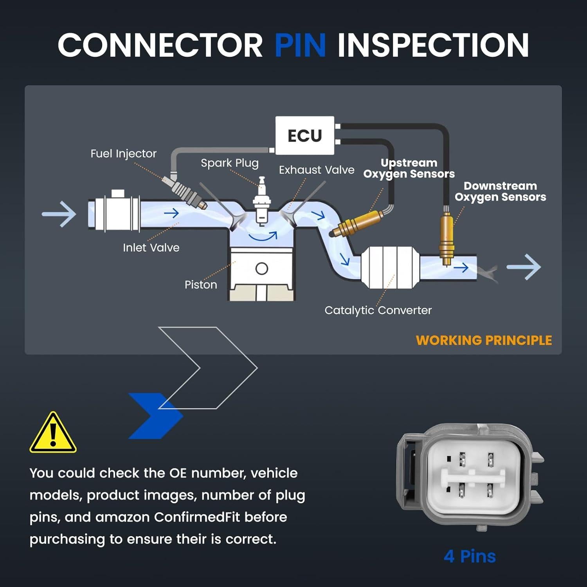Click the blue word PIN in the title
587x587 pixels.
pos(300,45)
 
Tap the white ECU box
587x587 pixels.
pos(304,135)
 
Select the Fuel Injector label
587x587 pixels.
pos(123,153)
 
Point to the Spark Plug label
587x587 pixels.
pos(230,163)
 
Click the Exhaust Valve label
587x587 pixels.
pos(316,170)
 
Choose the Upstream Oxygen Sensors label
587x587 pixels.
pos(409,168)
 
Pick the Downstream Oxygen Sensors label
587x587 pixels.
pos(500,191)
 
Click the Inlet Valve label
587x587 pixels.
pos(151,247)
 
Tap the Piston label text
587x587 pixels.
pos(201,284)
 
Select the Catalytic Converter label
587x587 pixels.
pos(378,310)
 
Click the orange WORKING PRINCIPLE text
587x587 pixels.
pos(484,340)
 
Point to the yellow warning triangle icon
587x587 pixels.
pos(53,434)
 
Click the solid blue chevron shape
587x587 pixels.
pos(155,416)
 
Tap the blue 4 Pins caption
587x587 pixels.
pos(470,556)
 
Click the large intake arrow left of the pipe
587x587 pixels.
pos(59,214)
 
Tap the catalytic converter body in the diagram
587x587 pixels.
pos(389,268)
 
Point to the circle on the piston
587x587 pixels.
pos(261,269)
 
